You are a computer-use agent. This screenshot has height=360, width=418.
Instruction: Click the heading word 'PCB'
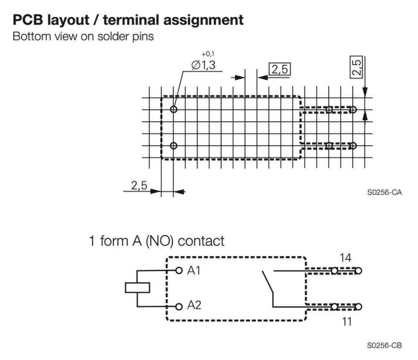pyautogui.click(x=28, y=19)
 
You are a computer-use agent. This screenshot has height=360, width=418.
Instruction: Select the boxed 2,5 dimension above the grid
pyautogui.click(x=279, y=70)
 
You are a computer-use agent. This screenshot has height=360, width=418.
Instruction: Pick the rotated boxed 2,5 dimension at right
pyautogui.click(x=356, y=67)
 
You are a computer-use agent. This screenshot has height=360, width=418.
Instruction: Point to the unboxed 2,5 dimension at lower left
pyautogui.click(x=139, y=186)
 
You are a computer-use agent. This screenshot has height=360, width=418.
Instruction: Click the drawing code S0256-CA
pyautogui.click(x=384, y=192)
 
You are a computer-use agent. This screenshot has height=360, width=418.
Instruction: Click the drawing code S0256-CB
pyautogui.click(x=384, y=345)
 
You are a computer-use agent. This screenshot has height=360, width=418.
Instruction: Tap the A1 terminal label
pyautogui.click(x=194, y=271)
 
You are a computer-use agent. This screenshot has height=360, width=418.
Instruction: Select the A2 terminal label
pyautogui.click(x=194, y=305)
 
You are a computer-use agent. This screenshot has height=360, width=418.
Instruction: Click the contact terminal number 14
pyautogui.click(x=345, y=258)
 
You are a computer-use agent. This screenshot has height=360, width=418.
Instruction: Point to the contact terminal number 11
pyautogui.click(x=346, y=321)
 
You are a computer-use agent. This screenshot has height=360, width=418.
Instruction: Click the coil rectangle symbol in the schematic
pyautogui.click(x=137, y=288)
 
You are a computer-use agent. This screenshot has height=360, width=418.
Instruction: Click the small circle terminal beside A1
pyautogui.click(x=179, y=270)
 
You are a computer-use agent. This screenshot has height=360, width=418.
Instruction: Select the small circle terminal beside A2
pyautogui.click(x=179, y=307)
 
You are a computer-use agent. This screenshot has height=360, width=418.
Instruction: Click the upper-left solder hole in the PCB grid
pyautogui.click(x=174, y=109)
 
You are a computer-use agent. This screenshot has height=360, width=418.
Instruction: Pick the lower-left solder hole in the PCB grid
pyautogui.click(x=174, y=146)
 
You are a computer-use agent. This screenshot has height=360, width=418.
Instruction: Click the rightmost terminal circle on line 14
pyautogui.click(x=358, y=271)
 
